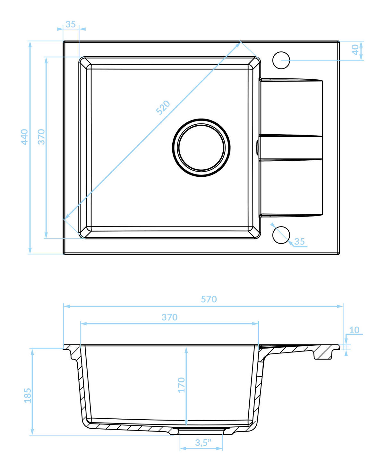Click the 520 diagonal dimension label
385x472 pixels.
163,108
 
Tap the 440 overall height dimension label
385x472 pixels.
24,137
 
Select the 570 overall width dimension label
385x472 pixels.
209,299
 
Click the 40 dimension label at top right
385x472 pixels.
355,49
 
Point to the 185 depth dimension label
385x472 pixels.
28,396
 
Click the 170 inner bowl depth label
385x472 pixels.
181,385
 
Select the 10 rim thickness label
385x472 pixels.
354,330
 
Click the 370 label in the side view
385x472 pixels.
170,317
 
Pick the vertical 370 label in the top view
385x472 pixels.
41,137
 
